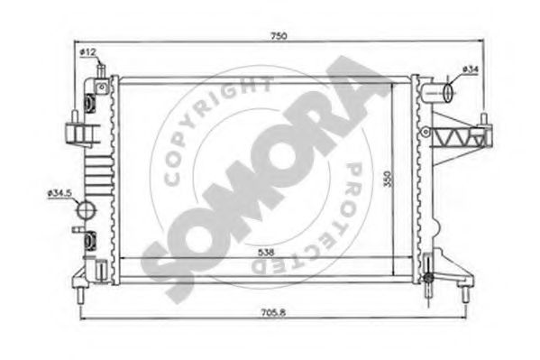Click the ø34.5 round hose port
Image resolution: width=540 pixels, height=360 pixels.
[x=86, y=210]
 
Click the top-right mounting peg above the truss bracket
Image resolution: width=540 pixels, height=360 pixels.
[x=485, y=120]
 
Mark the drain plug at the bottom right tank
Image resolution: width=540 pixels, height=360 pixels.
[x=430, y=282]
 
